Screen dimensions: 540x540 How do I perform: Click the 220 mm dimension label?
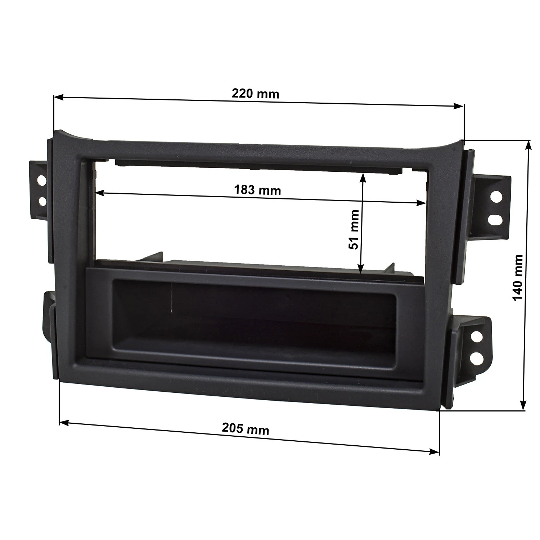255,94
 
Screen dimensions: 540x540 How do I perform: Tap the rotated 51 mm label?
354,230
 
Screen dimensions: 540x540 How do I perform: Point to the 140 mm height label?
517,278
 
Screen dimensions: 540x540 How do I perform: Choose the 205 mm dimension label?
246,429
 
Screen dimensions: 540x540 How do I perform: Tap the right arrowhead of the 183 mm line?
421,203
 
